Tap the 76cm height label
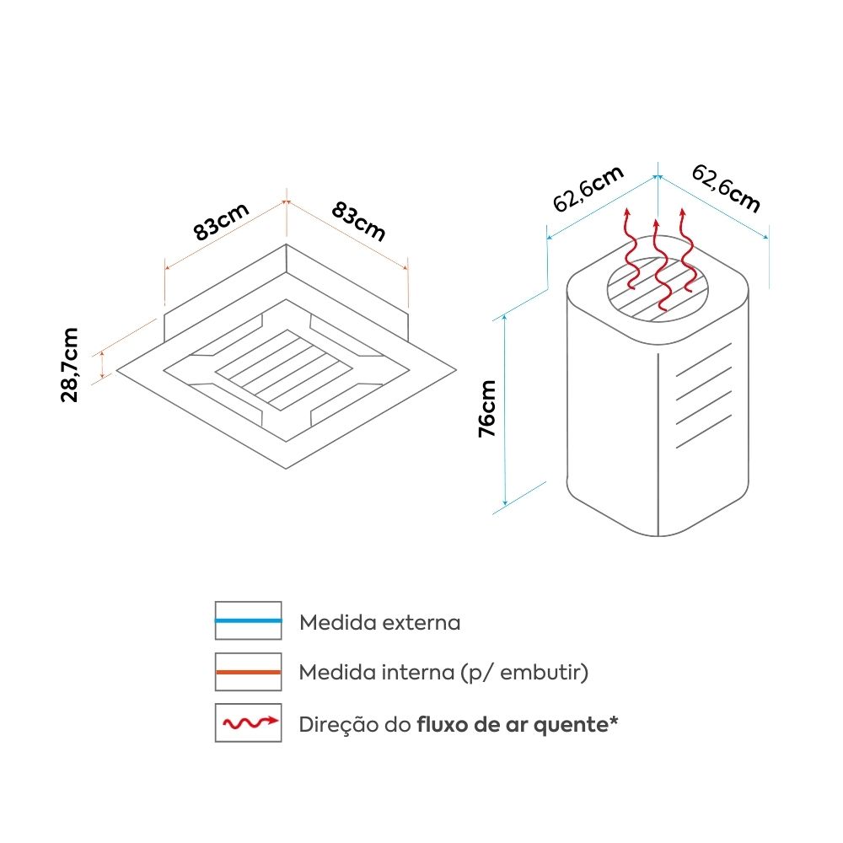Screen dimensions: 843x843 (x=486, y=409)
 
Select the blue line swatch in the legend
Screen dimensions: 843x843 (x=248, y=620)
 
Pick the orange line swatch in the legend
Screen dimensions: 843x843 (x=248, y=673)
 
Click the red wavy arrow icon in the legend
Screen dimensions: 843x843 (x=248, y=723)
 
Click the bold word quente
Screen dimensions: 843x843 (x=571, y=724)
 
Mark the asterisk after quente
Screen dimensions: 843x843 (x=614, y=721)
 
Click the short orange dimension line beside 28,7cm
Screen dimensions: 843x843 (x=102, y=365)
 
